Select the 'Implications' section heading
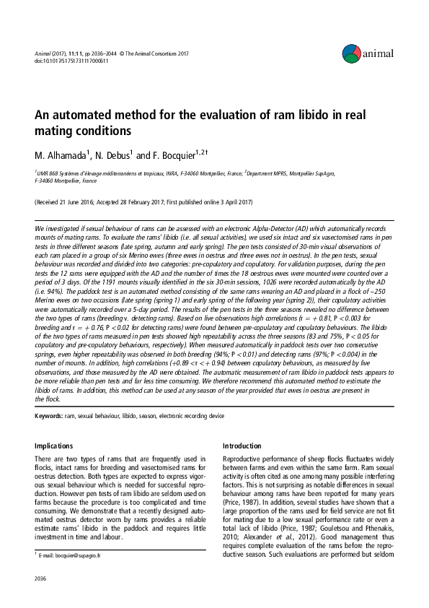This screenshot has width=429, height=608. coord(54,446)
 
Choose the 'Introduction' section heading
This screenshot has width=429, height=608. coord(243,446)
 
